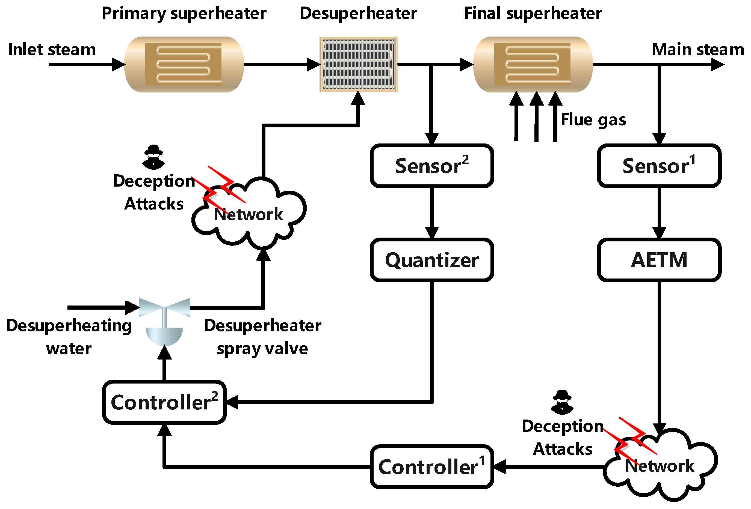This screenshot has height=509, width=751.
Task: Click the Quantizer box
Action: point(432,260)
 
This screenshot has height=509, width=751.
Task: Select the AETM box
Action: point(659,260)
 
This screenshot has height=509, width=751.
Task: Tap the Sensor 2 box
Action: point(432,166)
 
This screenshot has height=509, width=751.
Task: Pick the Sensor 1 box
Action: point(659,166)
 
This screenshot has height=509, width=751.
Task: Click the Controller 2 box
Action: point(164,402)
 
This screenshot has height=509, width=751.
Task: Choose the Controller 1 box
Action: point(432,467)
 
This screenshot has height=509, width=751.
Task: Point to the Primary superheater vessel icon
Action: point(184,65)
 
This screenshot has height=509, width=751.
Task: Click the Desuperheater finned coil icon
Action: point(358,65)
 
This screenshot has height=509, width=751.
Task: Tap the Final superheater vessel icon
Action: point(533,65)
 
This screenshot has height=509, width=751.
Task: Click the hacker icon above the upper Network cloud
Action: point(153,157)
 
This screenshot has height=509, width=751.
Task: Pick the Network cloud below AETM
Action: point(661,465)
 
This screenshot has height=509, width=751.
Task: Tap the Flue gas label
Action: point(593,120)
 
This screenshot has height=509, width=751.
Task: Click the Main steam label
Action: point(698,49)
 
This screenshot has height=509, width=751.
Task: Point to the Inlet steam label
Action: point(52,49)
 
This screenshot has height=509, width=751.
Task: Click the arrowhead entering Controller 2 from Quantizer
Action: point(232,402)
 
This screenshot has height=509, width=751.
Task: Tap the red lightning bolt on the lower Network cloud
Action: point(633,439)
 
